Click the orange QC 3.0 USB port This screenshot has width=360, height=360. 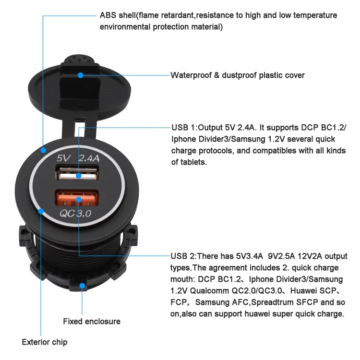point(77,198)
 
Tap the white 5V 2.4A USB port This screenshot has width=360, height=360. point(77,173)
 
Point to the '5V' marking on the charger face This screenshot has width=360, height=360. point(63,158)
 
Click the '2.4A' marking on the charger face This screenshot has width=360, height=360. point(89,158)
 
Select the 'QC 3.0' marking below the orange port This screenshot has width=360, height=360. point(75,213)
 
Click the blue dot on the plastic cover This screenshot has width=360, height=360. point(80,75)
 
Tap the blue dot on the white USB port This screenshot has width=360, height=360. point(79,176)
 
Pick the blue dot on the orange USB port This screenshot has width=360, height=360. point(79,200)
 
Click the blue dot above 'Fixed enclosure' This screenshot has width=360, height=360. point(82,286)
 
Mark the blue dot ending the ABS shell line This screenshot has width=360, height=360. point(43,150)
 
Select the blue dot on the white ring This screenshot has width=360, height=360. point(41,211)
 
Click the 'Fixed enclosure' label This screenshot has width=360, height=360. point(92,322)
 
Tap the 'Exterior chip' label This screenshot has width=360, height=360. point(45,342)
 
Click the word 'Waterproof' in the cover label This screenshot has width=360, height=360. point(191,75)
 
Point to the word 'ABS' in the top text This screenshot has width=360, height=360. point(108,15)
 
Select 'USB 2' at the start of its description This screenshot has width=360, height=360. point(182,256)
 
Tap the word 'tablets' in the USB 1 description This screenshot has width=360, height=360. point(192,162)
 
